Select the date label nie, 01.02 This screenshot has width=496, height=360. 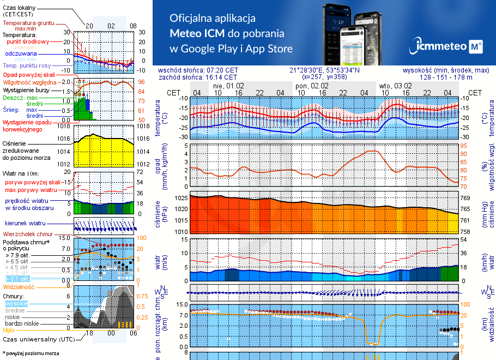pos(228,86)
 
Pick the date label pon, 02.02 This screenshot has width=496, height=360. pos(311,86)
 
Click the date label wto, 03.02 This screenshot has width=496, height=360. pos(395,86)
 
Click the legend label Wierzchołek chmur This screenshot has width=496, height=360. pos(27,233)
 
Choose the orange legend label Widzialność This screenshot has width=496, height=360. pos(19,286)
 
